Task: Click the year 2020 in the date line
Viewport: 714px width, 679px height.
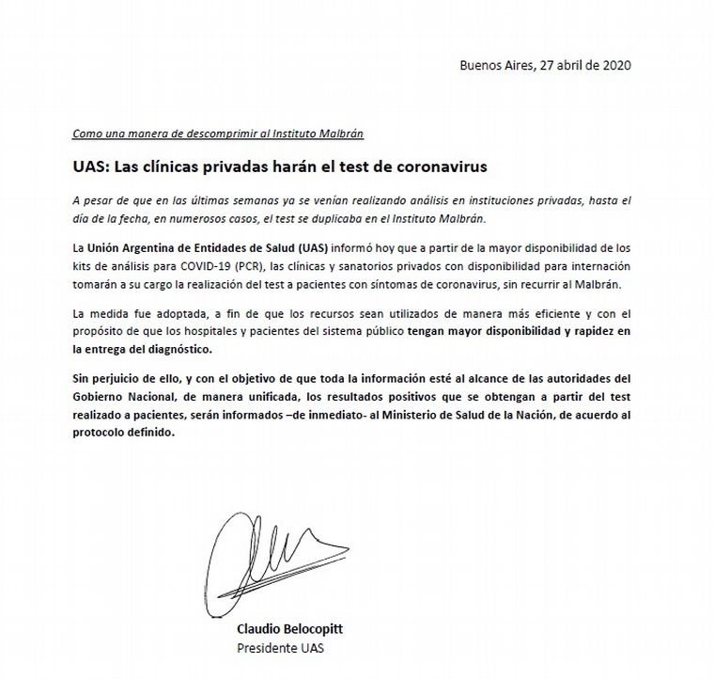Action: (x=614, y=65)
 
